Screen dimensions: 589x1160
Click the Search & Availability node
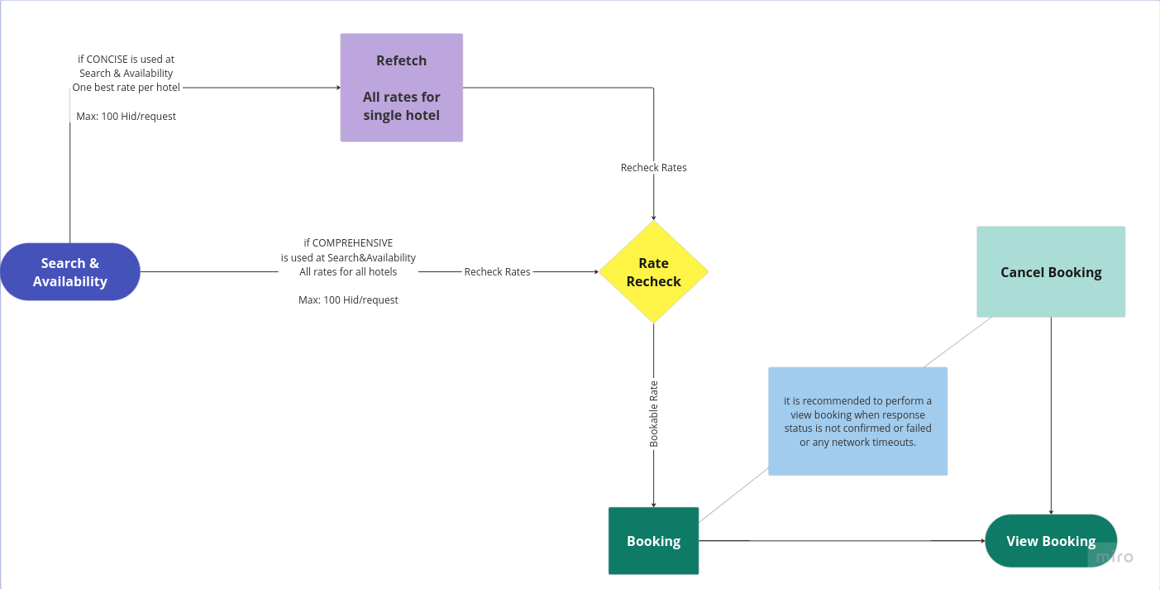point(70,272)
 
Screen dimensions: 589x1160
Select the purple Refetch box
point(402,88)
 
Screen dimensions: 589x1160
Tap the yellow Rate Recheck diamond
point(653,272)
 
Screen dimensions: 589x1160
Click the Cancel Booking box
point(1051,272)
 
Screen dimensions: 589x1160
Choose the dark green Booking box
point(653,541)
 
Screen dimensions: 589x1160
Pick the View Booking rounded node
point(1051,541)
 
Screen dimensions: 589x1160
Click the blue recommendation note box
point(857,421)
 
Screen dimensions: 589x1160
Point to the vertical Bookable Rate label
point(654,414)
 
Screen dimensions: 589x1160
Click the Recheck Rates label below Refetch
point(653,168)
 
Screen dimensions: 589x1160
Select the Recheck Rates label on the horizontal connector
point(497,271)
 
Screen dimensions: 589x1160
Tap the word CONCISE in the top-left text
point(108,60)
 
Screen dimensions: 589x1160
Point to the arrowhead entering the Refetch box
point(337,88)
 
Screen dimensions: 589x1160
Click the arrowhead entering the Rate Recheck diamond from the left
point(595,271)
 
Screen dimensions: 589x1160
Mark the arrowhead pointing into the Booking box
point(653,504)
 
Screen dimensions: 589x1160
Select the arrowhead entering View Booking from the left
point(981,541)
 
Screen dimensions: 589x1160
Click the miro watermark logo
point(1114,558)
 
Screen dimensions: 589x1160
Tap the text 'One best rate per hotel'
point(126,88)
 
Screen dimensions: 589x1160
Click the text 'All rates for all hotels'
point(348,272)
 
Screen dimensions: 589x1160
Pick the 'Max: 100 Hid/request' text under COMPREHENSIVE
point(348,300)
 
